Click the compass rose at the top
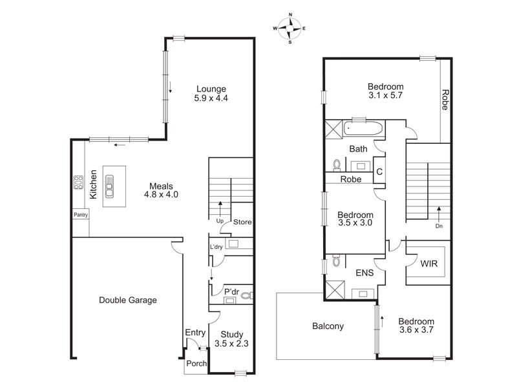(290, 28)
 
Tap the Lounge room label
(211, 94)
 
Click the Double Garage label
(128, 300)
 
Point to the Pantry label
(81, 215)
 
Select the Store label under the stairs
(242, 223)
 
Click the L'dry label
(216, 247)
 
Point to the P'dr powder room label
(231, 291)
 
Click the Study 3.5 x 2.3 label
(232, 339)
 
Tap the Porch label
(196, 364)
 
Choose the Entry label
(195, 333)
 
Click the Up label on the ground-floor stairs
(219, 221)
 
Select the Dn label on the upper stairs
(439, 226)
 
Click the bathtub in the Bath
(364, 128)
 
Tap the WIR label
(427, 264)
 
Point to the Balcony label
(328, 326)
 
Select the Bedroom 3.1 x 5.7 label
(386, 92)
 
